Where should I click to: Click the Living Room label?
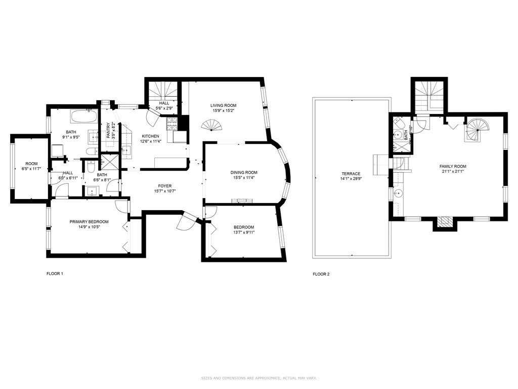[223, 105]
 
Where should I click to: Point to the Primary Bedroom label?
[89, 221]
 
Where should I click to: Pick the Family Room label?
[453, 166]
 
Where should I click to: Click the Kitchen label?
[150, 136]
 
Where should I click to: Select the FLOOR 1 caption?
[55, 274]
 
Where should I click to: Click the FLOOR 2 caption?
[321, 274]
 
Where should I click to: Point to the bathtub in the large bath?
[84, 116]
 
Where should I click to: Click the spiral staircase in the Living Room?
[212, 125]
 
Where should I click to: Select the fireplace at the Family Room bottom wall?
[445, 221]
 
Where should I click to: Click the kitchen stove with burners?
[170, 122]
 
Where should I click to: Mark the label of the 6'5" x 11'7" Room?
[32, 164]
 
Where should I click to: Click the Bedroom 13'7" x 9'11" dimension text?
[244, 232]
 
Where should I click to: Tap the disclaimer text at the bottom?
[258, 378]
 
